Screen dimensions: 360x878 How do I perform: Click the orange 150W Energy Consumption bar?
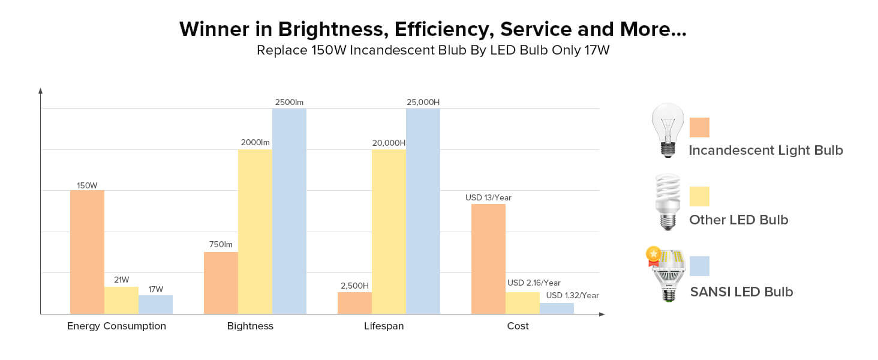[87, 252]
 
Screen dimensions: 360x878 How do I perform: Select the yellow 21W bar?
[121, 300]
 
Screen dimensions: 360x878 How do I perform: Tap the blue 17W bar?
[155, 304]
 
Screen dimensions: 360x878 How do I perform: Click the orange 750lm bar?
[221, 283]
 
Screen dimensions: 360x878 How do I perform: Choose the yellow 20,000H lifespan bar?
[389, 232]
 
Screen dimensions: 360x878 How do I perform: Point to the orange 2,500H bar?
[354, 302]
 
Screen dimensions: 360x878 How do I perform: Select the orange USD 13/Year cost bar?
[488, 259]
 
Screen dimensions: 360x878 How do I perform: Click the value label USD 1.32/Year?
[572, 295]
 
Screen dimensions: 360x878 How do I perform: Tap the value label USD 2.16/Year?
[534, 283]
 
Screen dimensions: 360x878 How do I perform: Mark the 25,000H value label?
[423, 102]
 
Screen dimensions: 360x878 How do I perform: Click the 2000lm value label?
[255, 143]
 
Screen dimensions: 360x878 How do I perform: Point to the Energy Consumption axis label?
[116, 326]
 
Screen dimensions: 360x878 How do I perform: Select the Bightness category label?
[250, 326]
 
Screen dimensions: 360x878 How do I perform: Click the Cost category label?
[518, 326]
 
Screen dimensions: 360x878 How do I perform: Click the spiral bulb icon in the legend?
[667, 202]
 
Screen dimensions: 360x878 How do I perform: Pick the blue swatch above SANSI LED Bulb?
[699, 266]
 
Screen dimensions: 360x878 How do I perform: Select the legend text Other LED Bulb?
[738, 220]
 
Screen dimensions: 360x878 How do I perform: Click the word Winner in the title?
[214, 29]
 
